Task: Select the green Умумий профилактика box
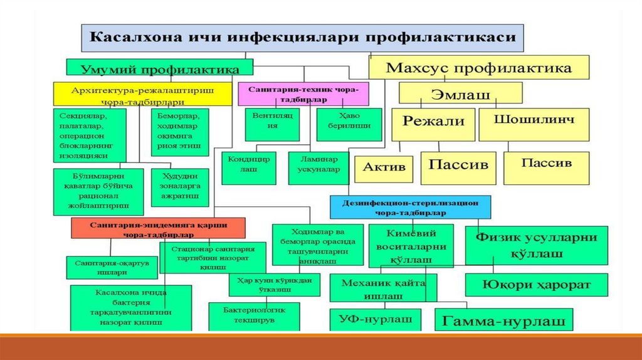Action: [160, 68]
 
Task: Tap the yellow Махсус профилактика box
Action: [478, 67]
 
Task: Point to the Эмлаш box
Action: [461, 93]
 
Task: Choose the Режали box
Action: [433, 124]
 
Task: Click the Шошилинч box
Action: [535, 124]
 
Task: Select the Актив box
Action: [384, 169]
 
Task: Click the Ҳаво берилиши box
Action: [349, 124]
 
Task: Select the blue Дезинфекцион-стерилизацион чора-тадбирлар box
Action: [411, 206]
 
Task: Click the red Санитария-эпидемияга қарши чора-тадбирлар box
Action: [158, 228]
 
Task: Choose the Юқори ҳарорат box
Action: [536, 285]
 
